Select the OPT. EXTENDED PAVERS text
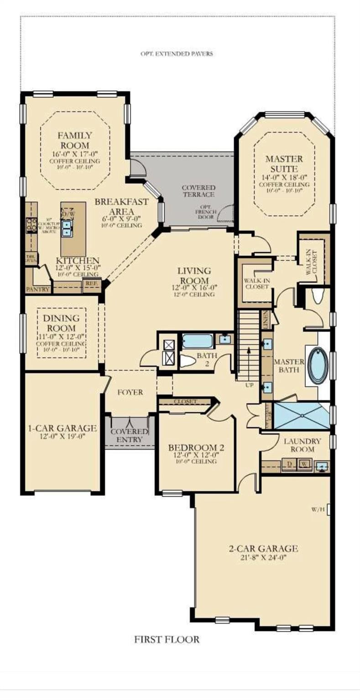[x=177, y=54]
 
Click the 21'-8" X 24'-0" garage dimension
[x=263, y=557]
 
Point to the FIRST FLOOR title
[x=167, y=639]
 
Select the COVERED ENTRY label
[x=130, y=436]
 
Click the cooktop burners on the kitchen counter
[x=31, y=224]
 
